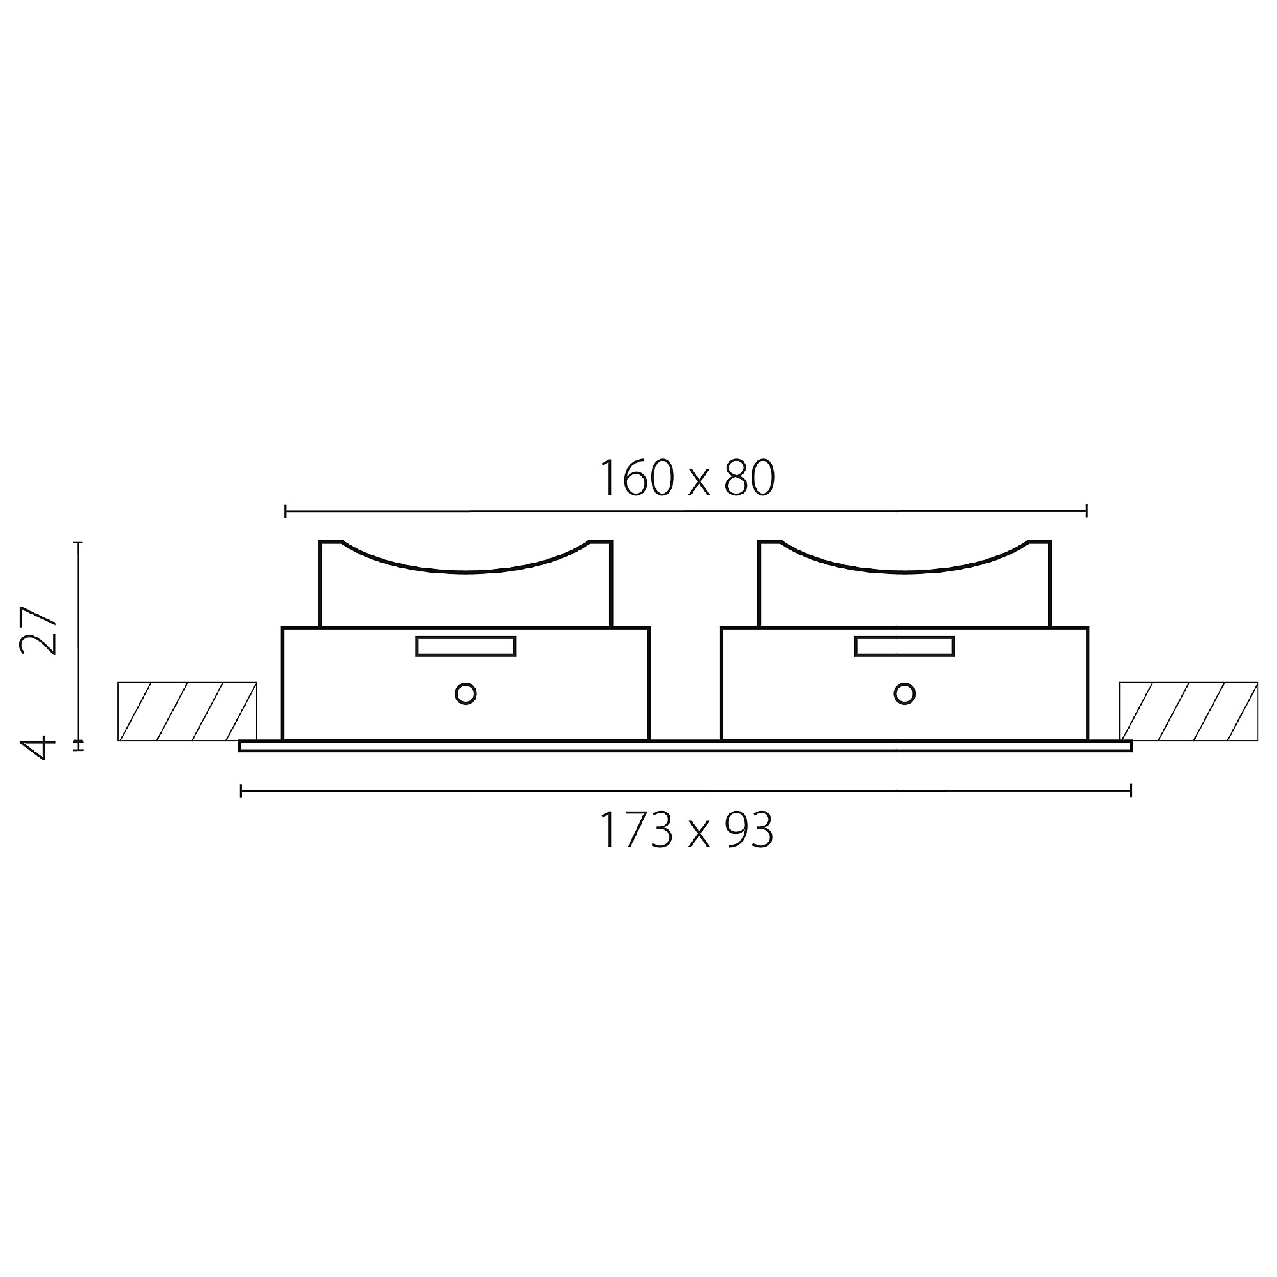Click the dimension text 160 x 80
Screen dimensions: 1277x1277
pyautogui.click(x=687, y=478)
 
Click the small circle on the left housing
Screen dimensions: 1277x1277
pyautogui.click(x=465, y=693)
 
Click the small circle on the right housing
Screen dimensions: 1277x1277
pyautogui.click(x=904, y=693)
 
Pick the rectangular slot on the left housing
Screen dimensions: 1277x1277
pyautogui.click(x=465, y=646)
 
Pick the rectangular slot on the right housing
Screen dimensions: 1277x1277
pyautogui.click(x=904, y=646)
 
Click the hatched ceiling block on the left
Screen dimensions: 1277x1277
pyautogui.click(x=187, y=711)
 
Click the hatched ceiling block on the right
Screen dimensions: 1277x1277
pyautogui.click(x=1188, y=711)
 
